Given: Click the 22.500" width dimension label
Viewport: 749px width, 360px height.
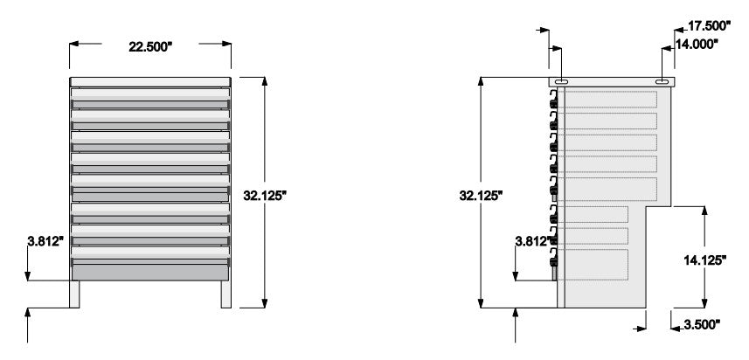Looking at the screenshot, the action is [x=150, y=47].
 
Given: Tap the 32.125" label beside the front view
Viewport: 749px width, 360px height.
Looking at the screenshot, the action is [x=265, y=196].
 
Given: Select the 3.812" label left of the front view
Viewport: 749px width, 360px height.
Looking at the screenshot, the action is [x=45, y=241].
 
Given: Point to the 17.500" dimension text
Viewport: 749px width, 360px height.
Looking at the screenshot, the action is [x=709, y=26].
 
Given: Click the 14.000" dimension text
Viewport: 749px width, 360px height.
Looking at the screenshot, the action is [x=697, y=44].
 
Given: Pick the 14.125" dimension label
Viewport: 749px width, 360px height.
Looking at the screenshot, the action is [x=704, y=260].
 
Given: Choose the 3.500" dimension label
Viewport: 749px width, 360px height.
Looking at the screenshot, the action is [x=702, y=325].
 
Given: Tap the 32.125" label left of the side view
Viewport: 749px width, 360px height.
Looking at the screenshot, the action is [x=481, y=195].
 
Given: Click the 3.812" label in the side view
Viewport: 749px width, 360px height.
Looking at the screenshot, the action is [x=533, y=241].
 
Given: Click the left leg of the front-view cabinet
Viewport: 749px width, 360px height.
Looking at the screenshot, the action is [x=74, y=294].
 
